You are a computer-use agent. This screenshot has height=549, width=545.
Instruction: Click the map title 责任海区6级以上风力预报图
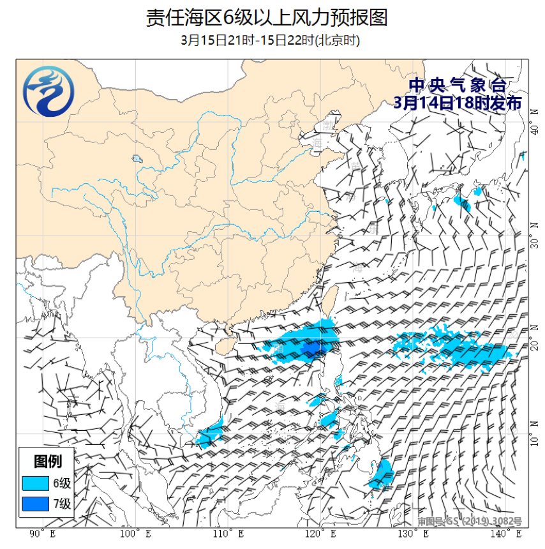point(267,17)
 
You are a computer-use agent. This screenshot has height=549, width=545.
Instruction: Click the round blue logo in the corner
point(48,94)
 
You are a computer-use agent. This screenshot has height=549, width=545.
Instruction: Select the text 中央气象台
point(457,86)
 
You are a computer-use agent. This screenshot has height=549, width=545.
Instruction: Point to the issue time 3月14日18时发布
point(457,103)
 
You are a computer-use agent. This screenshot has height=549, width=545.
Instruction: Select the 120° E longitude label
point(320,534)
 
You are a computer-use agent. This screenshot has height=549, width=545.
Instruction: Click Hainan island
point(220,345)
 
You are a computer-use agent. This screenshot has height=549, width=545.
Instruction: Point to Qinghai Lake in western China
point(137,159)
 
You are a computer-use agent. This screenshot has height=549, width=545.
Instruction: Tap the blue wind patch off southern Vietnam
point(209,435)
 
